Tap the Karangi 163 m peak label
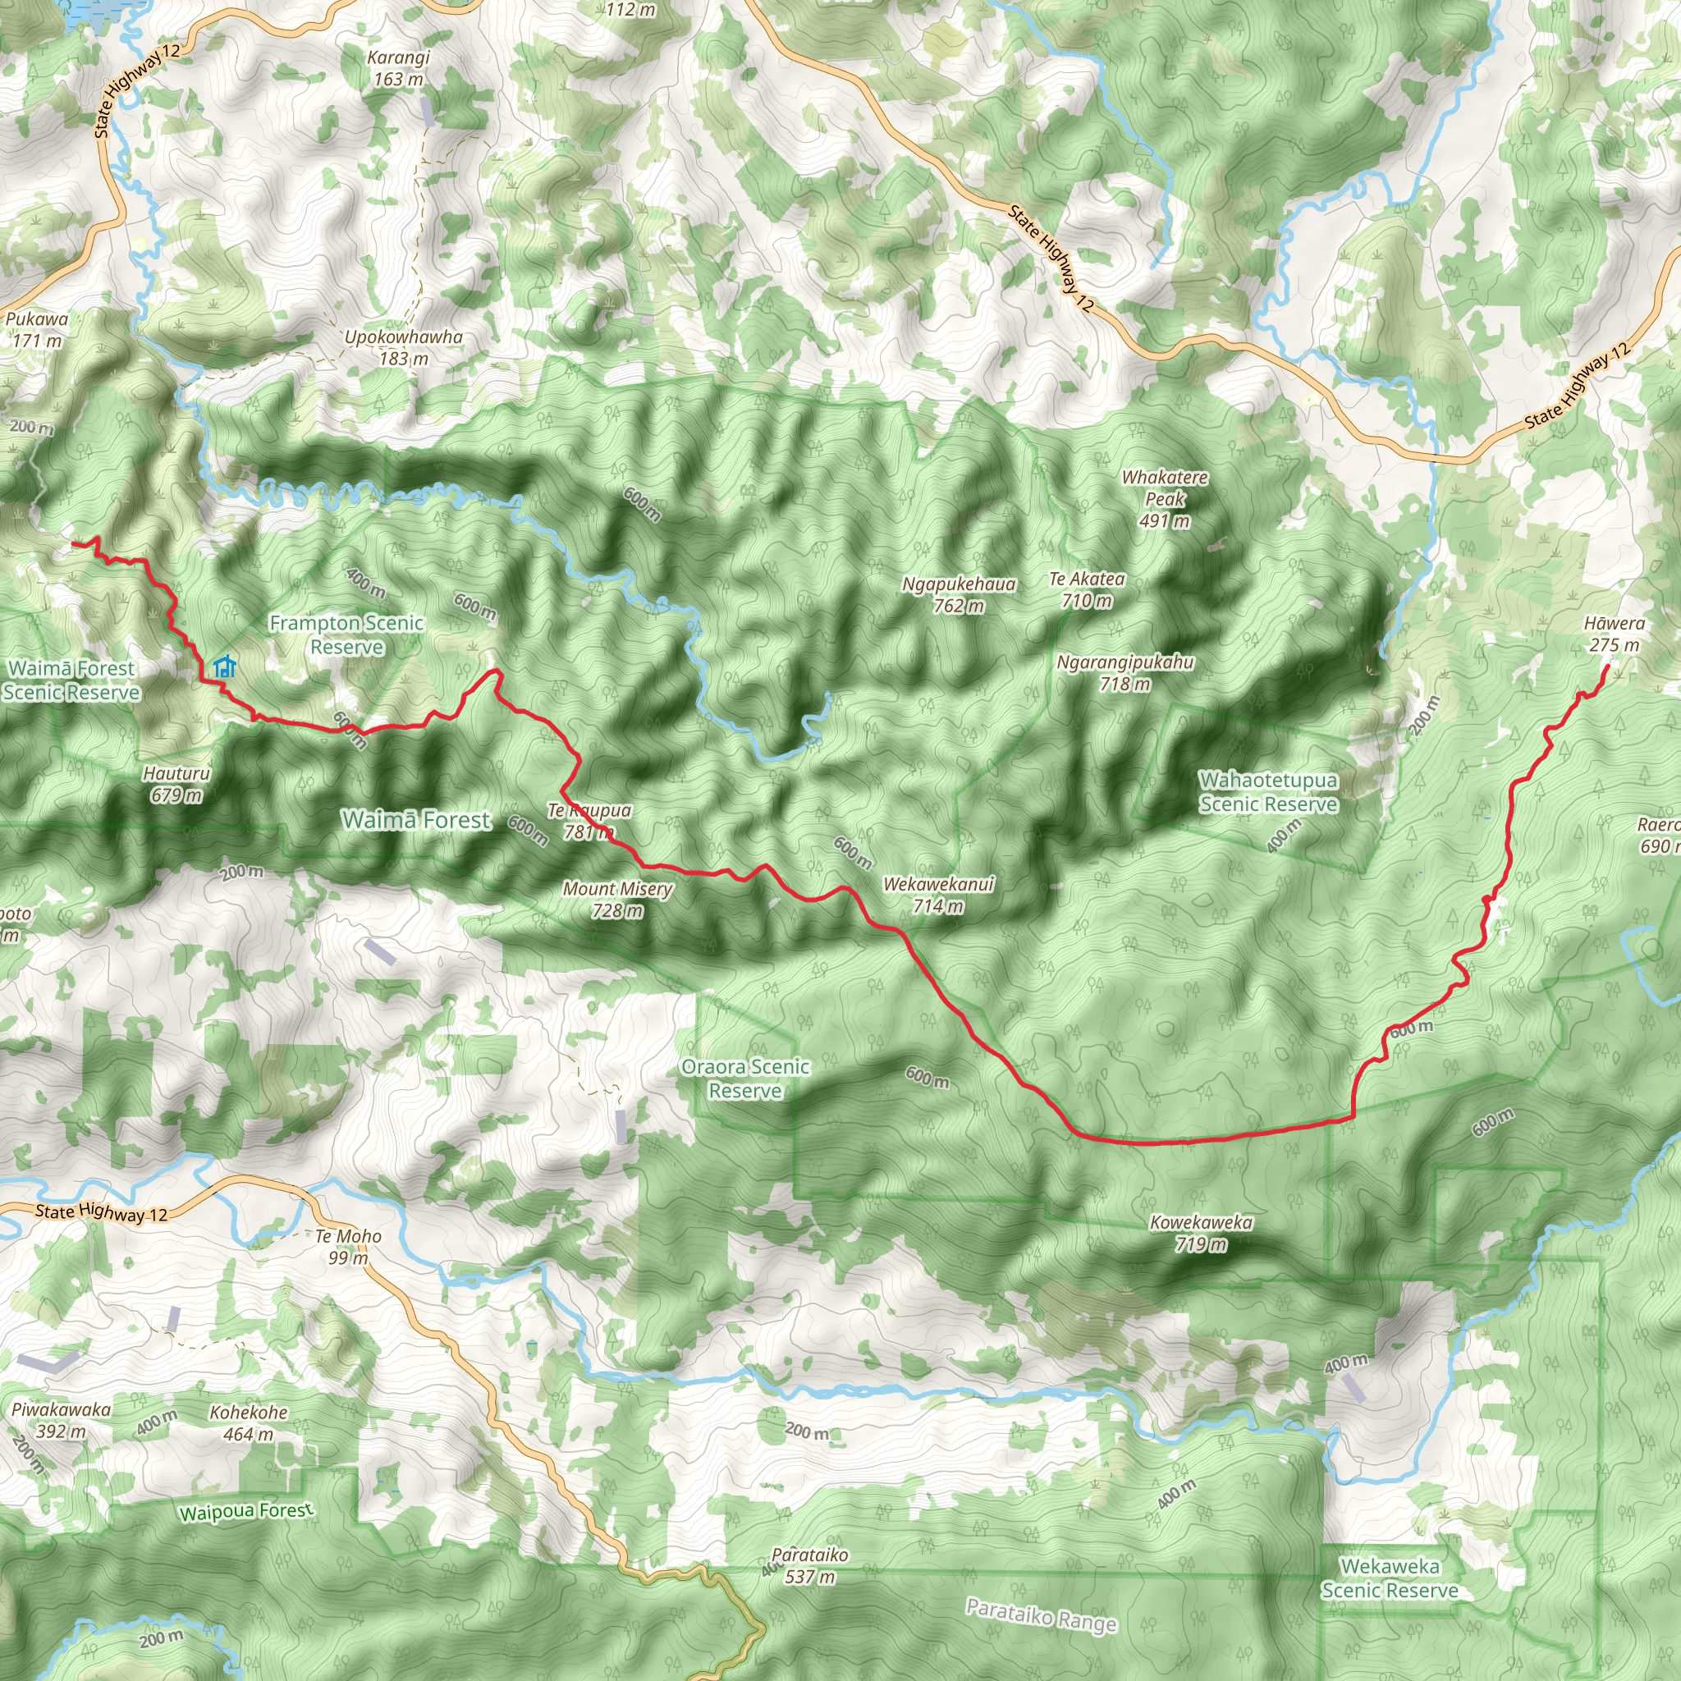point(398,69)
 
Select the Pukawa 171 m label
point(37,330)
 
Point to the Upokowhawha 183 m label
point(404,347)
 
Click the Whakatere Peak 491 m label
point(1164,499)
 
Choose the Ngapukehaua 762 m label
point(958,594)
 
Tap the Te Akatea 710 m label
point(1087,589)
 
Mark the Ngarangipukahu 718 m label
point(1125,672)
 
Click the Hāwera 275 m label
point(1614,634)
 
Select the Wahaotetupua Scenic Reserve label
point(1267,792)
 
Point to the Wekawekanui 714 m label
point(938,895)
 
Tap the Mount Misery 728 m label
point(617,899)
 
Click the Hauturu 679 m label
point(176,784)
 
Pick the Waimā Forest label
point(416,820)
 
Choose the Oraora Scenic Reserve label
point(745,1078)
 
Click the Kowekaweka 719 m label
point(1201,1233)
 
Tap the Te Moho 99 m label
point(348,1246)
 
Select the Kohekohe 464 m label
point(248,1422)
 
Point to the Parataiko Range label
point(1041,1615)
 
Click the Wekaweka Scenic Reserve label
point(1390,1578)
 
